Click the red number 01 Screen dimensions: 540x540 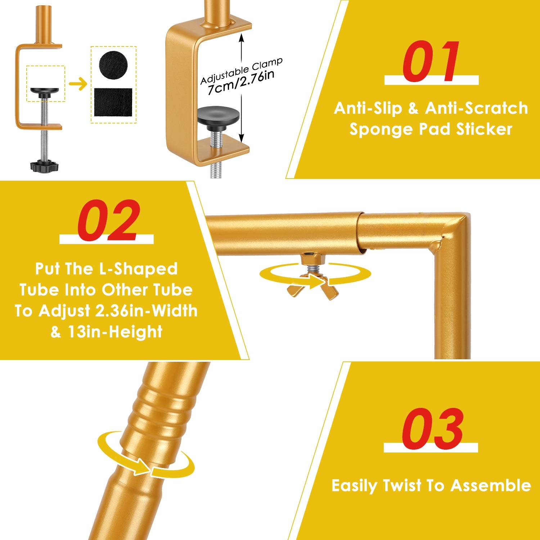431,61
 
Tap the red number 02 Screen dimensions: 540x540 108,220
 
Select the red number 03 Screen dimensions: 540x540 432,429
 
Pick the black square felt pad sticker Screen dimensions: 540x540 113,102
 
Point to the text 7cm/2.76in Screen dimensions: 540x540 241,82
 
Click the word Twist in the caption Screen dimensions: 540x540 402,485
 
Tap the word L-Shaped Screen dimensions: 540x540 138,269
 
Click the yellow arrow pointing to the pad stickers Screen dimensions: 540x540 78,85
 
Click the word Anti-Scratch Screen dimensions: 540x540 477,108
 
